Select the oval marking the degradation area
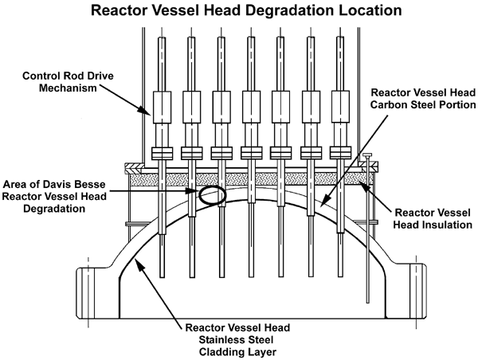pyautogui.click(x=212, y=194)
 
